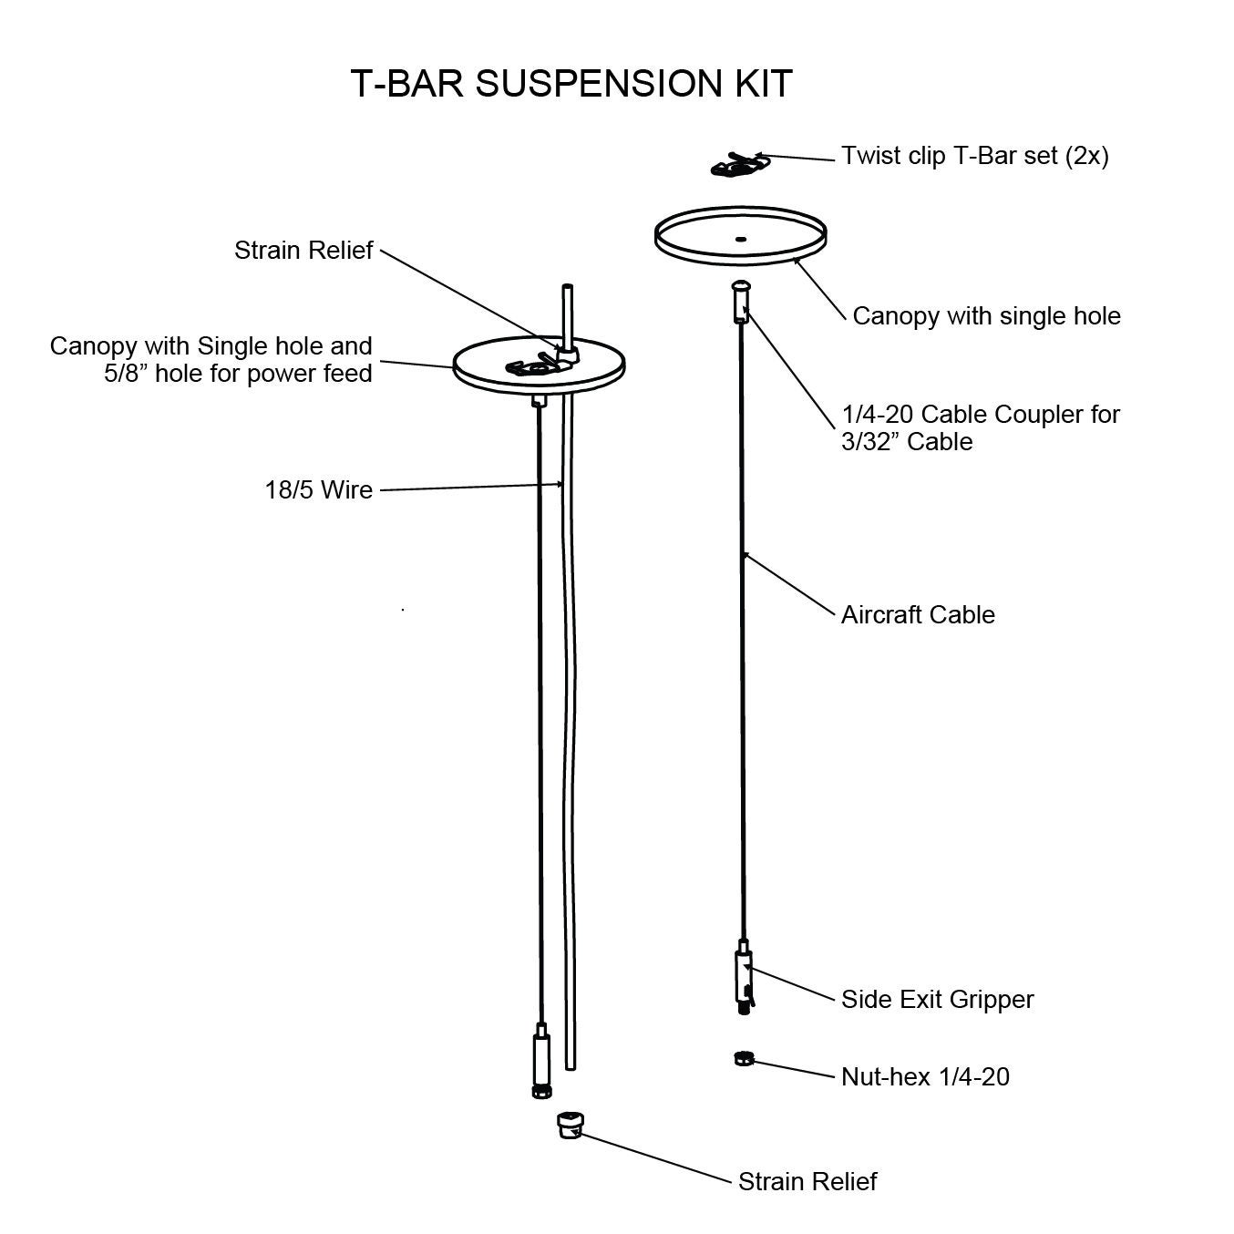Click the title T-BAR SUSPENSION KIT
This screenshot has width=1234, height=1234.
(571, 83)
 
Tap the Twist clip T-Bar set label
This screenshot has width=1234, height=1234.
(974, 156)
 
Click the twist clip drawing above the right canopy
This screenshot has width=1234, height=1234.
(739, 165)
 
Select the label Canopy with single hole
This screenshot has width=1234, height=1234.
(986, 316)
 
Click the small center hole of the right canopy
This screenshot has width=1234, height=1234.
(740, 238)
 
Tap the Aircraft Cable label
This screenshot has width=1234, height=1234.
(917, 614)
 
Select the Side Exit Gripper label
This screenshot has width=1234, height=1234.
(937, 999)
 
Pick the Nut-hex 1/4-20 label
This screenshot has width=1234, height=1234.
(925, 1076)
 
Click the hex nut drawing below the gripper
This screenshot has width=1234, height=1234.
(743, 1058)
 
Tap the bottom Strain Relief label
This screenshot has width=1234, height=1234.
(807, 1181)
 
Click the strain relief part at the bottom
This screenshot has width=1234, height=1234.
(570, 1125)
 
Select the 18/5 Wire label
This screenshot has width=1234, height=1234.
(319, 490)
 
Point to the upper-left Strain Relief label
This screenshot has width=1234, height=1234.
(303, 251)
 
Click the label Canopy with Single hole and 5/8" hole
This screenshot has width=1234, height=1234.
(211, 359)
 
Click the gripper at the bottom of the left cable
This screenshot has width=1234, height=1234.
(540, 1061)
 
